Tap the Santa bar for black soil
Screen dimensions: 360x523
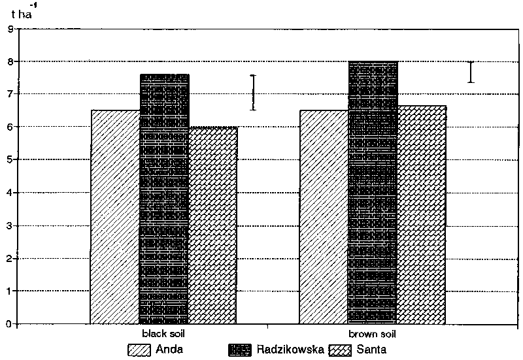coord(213,225)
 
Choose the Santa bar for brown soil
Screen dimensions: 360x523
coord(422,215)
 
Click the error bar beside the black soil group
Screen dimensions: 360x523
coord(254,92)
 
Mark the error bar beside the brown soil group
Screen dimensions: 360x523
coord(471,72)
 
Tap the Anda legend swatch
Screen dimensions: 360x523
coord(139,350)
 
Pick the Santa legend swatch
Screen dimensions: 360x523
coord(341,350)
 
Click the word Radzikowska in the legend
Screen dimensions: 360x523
coord(290,349)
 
